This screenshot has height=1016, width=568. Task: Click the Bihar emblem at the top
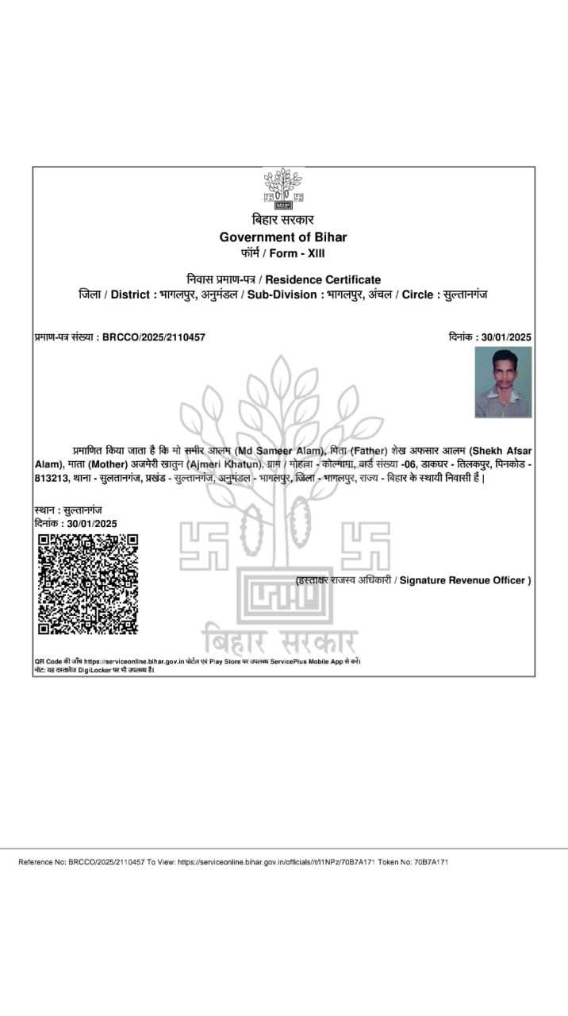pos(283,188)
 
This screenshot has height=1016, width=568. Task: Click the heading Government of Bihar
pos(283,237)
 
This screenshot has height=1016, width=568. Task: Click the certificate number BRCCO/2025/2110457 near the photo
pos(154,337)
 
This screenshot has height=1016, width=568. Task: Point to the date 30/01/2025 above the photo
pos(506,337)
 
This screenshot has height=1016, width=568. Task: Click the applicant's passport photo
pos(503,382)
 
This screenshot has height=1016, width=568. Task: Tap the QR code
pos(88,584)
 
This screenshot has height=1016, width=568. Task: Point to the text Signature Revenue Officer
pos(463,580)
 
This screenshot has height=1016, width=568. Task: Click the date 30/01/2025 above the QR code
pos(92,524)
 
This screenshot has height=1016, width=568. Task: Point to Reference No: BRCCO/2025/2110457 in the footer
pos(82,862)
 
